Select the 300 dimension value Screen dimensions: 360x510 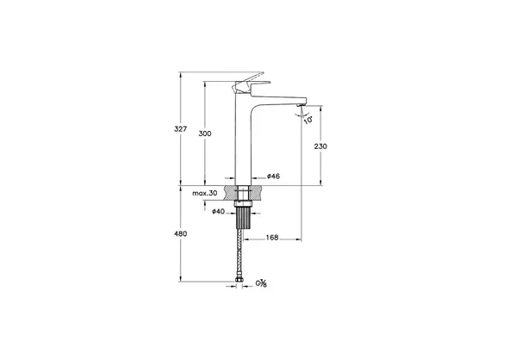click(x=205, y=134)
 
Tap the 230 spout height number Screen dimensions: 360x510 click(x=320, y=146)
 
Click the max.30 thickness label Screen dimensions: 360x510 click(x=203, y=195)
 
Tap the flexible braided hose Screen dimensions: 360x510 click(x=242, y=254)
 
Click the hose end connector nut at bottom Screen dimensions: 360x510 click(x=242, y=281)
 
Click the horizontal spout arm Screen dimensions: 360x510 click(x=276, y=95)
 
